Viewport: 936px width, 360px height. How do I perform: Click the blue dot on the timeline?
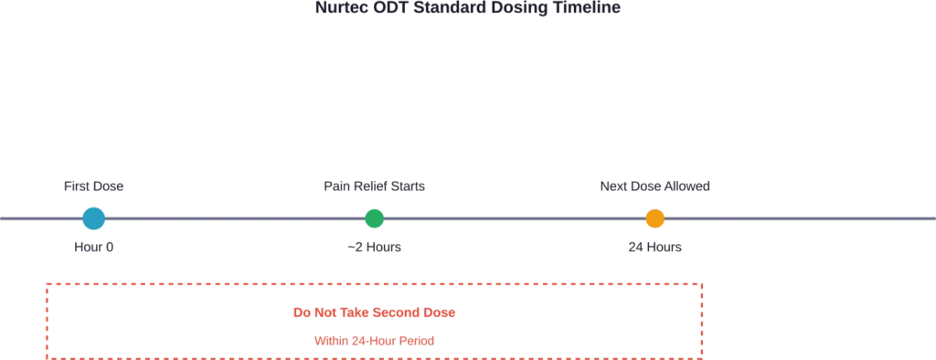coord(94,219)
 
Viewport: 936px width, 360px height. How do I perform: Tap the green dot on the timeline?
coord(375,219)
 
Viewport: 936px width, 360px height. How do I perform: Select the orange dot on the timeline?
coord(654,219)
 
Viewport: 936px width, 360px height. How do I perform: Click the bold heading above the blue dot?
coord(91,188)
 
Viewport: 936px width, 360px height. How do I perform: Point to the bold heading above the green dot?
coord(376,187)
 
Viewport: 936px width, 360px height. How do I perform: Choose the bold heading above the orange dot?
coord(657,187)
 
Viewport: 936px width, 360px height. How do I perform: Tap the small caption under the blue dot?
coord(95,248)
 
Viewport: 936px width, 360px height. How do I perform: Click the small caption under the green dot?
coord(373,248)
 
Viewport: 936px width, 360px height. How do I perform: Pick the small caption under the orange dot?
coord(654,248)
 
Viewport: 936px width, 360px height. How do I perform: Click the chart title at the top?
coord(468,7)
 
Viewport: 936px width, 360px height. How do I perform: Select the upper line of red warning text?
coord(375,313)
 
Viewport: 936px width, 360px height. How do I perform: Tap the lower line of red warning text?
coord(375,341)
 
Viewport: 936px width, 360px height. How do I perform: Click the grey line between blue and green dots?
coord(235,219)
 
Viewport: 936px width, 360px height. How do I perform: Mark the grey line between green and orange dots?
coord(515,219)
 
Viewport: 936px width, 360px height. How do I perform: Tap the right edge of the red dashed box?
coord(705,320)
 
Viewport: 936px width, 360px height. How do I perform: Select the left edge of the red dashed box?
coord(47,320)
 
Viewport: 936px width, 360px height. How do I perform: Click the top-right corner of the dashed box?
coord(705,282)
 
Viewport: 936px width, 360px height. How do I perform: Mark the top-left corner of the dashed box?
coord(47,282)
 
